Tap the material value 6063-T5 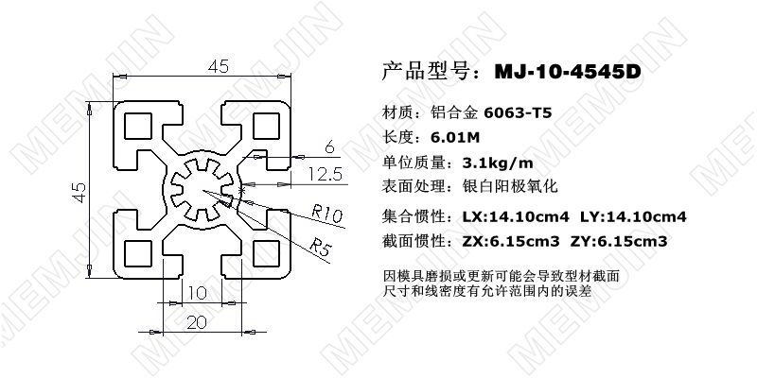pos(518,112)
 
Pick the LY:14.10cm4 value pos(635,216)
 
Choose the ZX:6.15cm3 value pos(513,241)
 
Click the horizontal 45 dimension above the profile pos(219,66)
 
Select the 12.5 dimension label pos(325,173)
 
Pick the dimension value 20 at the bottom pos(197,322)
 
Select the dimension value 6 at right pos(328,146)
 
